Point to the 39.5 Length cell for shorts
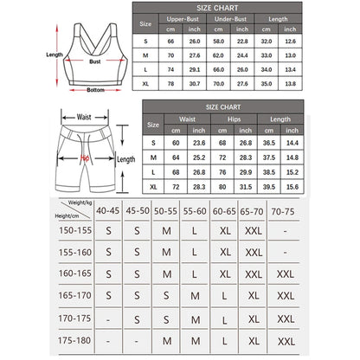tap(268, 186)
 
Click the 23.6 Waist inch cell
tap(198, 142)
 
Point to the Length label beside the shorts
tap(126, 159)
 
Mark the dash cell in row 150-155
tap(285, 233)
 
